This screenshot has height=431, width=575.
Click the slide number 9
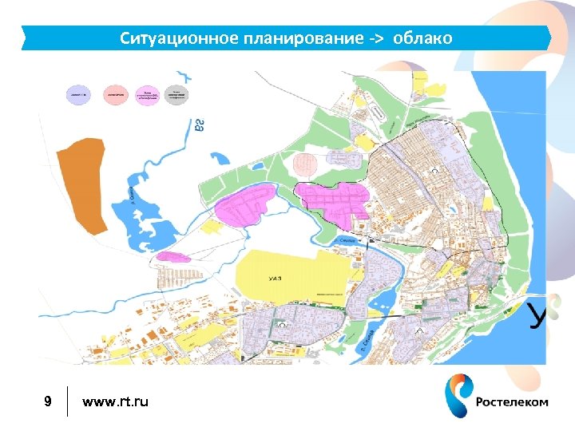click(48, 401)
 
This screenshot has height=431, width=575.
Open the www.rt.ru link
click(115, 401)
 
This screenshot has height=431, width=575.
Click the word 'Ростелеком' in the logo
click(512, 402)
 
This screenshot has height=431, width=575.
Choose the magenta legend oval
click(148, 95)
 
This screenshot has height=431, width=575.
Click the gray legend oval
click(176, 95)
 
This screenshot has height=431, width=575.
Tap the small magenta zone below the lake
click(173, 256)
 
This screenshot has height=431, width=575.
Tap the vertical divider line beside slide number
click(69, 401)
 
